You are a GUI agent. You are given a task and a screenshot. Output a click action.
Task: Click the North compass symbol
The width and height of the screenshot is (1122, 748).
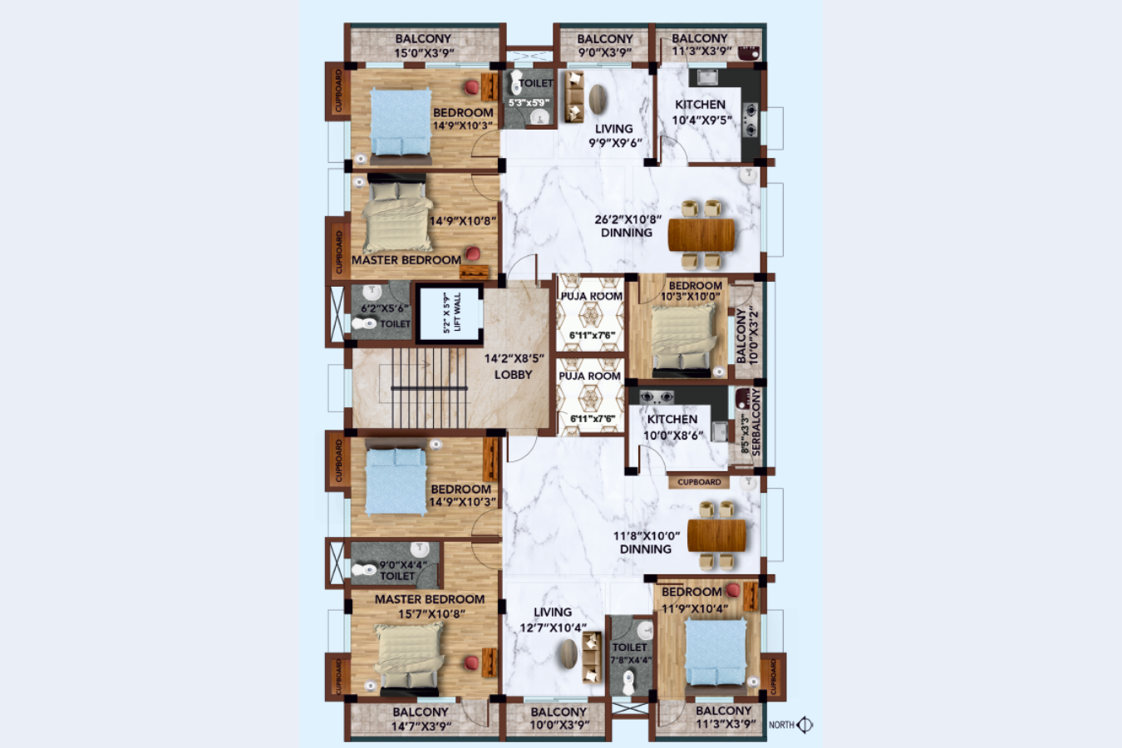[805, 725]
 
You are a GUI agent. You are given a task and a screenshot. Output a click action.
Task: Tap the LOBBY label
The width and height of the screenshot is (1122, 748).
[513, 375]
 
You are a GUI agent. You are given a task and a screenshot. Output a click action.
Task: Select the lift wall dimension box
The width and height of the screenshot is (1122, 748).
[450, 313]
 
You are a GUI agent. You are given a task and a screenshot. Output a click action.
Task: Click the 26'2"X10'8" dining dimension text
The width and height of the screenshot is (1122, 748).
[627, 220]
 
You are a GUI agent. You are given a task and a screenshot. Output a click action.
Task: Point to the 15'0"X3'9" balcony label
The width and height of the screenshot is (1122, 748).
[423, 52]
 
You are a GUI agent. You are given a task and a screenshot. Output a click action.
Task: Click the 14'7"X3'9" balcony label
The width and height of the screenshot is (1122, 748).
[421, 726]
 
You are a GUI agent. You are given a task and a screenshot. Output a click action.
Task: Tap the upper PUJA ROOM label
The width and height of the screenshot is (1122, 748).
[591, 296]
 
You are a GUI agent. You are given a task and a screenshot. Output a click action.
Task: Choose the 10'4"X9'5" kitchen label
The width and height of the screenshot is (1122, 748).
[701, 120]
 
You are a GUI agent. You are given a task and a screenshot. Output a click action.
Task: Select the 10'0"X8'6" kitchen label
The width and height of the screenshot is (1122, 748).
[673, 435]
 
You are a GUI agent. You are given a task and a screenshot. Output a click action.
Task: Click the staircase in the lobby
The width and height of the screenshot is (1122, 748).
[428, 387]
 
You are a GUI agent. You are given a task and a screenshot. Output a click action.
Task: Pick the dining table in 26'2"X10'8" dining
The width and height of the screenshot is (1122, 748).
[701, 234]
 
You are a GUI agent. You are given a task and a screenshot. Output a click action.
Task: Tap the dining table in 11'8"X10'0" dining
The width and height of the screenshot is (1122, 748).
[716, 534]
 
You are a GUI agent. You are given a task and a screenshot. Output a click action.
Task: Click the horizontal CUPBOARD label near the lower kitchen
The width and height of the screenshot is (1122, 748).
[699, 482]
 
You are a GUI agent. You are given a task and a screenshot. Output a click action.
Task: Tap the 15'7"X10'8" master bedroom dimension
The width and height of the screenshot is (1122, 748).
[431, 614]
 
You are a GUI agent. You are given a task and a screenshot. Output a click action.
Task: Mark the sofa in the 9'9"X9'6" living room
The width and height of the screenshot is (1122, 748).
[573, 97]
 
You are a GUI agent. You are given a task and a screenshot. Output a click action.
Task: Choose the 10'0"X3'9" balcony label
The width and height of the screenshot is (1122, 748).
[559, 725]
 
